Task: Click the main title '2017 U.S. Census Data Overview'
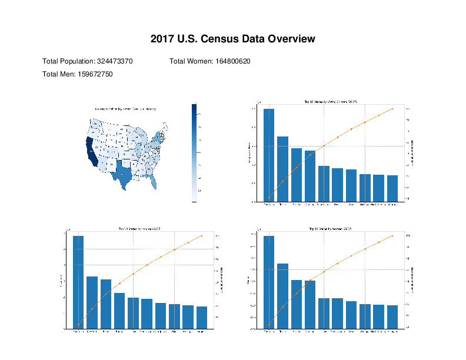click(x=233, y=39)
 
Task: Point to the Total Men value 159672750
click(x=95, y=74)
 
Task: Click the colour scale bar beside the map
click(x=195, y=152)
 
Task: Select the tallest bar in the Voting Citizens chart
click(x=269, y=155)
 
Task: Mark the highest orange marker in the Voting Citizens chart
click(x=392, y=109)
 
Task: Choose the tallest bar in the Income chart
click(x=78, y=282)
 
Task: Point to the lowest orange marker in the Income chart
click(x=78, y=325)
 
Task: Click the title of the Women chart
click(x=330, y=228)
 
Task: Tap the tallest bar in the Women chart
click(x=269, y=282)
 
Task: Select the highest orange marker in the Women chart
click(x=392, y=236)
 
